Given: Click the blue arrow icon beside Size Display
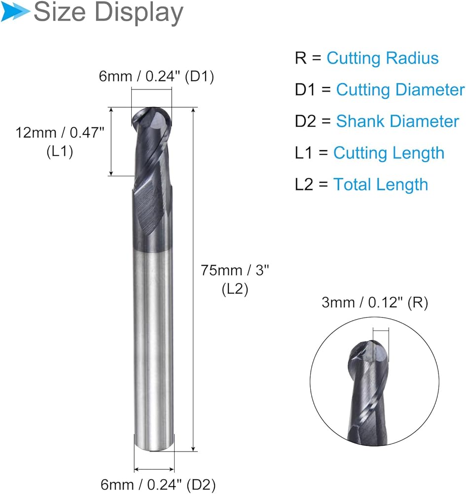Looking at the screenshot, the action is point(15,12).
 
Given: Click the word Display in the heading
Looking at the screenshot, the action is point(139,13).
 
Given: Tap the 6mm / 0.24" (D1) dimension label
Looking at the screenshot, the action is point(156,77).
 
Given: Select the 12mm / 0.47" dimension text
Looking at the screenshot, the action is point(60,132).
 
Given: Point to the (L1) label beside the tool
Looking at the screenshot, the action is point(60,152).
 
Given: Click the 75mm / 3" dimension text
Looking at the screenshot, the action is point(235,270).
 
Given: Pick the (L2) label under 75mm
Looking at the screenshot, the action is point(235,289).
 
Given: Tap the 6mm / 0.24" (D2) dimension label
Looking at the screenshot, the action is point(158,485).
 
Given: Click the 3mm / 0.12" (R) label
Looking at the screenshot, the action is point(375,302).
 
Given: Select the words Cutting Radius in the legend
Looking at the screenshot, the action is point(382,58).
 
